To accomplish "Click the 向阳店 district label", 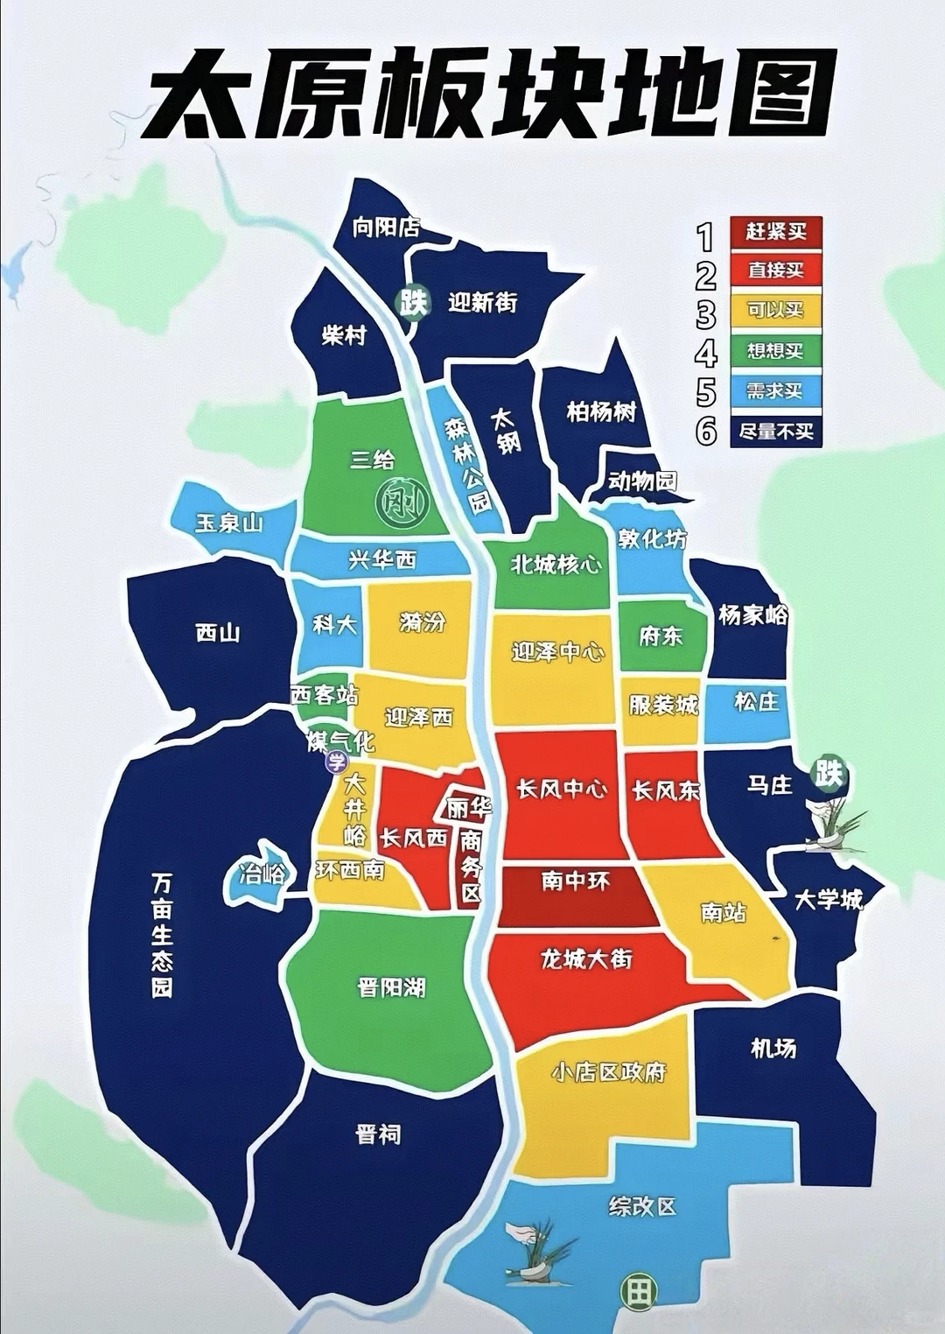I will click(x=386, y=228).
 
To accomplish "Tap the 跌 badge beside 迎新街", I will click(x=413, y=303).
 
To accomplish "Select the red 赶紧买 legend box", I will click(x=775, y=232).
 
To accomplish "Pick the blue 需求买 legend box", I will click(x=775, y=390).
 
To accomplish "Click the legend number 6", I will click(x=706, y=431).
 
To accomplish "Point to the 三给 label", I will click(x=373, y=460).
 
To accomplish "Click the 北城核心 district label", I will click(x=556, y=565).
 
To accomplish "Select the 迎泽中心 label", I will click(x=557, y=652).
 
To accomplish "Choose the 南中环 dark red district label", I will click(x=575, y=881).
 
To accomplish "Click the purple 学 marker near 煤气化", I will click(x=337, y=762).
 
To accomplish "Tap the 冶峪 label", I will click(x=262, y=874).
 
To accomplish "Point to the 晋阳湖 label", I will click(x=391, y=988).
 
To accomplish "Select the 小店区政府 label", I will click(x=609, y=1072).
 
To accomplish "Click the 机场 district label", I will click(x=773, y=1048).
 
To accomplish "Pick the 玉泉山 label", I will click(x=229, y=523).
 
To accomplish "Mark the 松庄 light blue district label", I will click(x=756, y=702).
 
